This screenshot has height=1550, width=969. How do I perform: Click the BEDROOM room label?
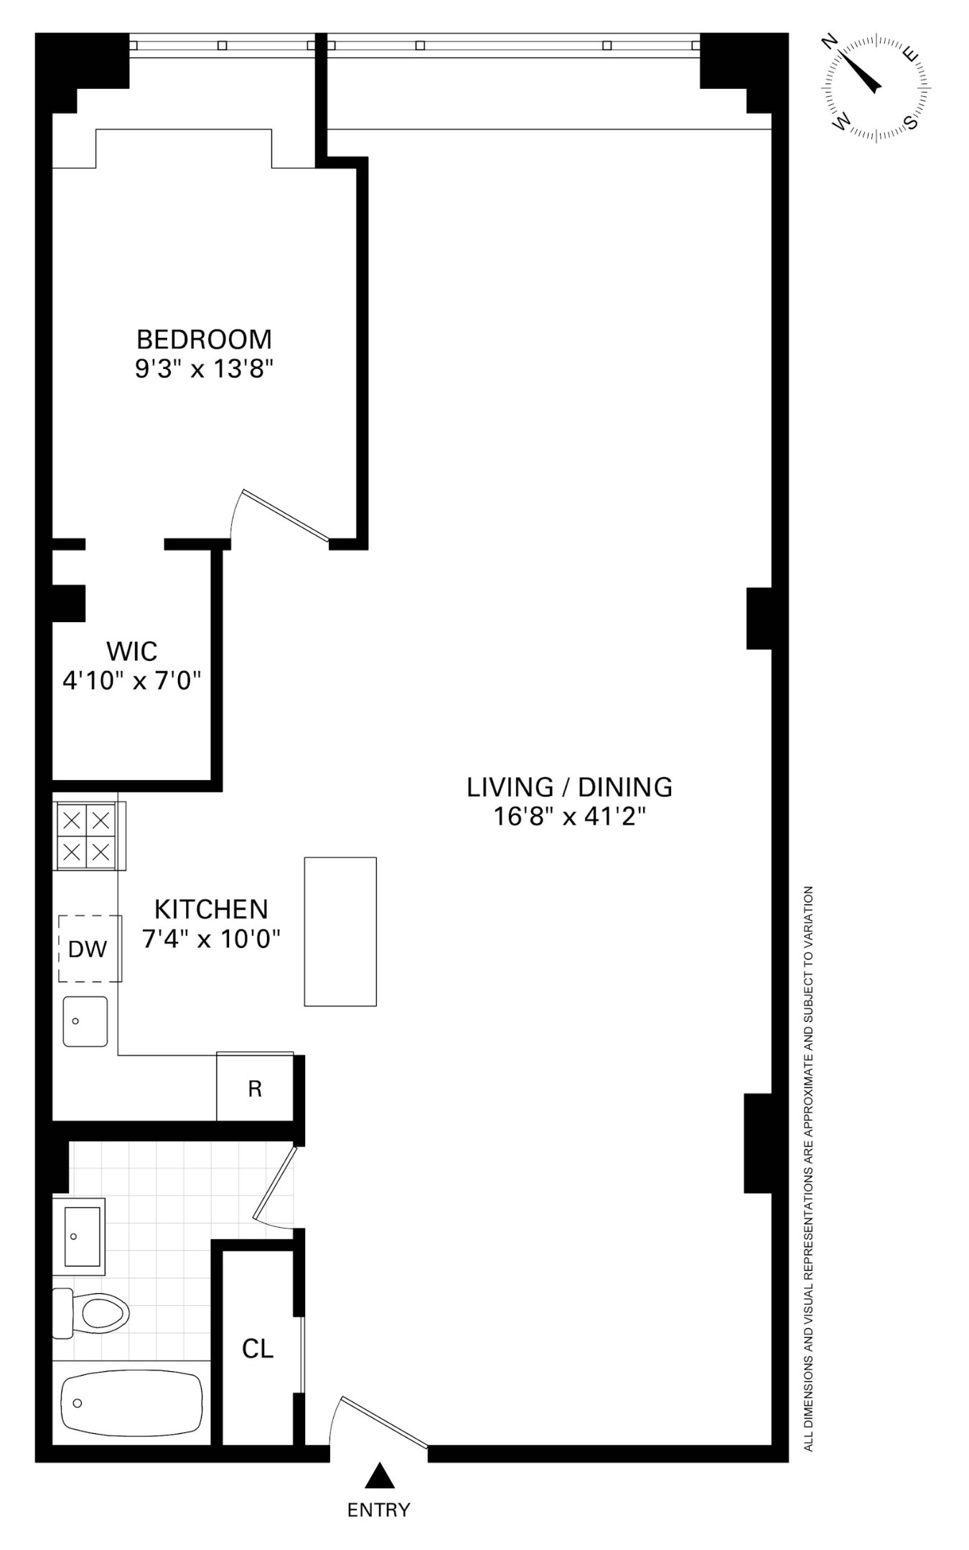[205, 338]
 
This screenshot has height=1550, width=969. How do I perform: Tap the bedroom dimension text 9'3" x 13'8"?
[205, 370]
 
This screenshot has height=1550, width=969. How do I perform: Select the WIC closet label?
[131, 652]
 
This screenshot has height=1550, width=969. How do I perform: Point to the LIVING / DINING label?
[569, 787]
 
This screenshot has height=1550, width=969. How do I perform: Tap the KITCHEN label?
[211, 909]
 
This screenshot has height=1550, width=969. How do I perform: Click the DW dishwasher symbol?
[88, 949]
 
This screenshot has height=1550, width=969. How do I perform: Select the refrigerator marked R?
[255, 1089]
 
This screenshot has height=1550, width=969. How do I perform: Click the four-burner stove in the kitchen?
[86, 836]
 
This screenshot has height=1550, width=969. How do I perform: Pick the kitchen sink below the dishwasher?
[85, 1021]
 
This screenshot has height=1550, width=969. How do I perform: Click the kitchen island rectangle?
[340, 931]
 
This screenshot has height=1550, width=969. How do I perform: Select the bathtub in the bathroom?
[132, 1403]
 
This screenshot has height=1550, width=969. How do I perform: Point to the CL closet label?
[258, 1349]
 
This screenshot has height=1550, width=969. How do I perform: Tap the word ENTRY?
[378, 1510]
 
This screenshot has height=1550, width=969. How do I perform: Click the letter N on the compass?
[830, 42]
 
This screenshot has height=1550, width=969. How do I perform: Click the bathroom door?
[275, 1183]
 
